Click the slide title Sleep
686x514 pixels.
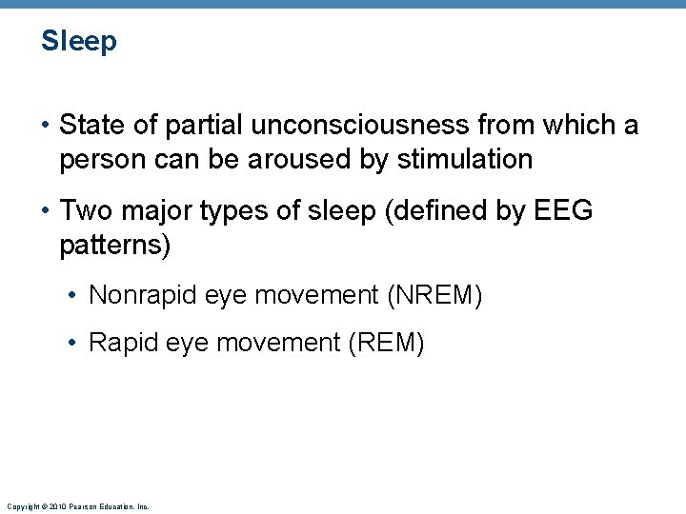[79, 42]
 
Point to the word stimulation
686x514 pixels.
[465, 159]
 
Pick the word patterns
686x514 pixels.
[114, 245]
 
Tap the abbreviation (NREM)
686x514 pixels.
[434, 295]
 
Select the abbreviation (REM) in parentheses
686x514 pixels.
[387, 342]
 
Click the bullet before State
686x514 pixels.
[46, 125]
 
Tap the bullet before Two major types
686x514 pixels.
[46, 210]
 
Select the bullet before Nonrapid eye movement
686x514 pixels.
[74, 296]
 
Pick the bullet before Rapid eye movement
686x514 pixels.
[74, 343]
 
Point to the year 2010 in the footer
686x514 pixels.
[57, 506]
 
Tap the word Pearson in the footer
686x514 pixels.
[80, 506]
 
